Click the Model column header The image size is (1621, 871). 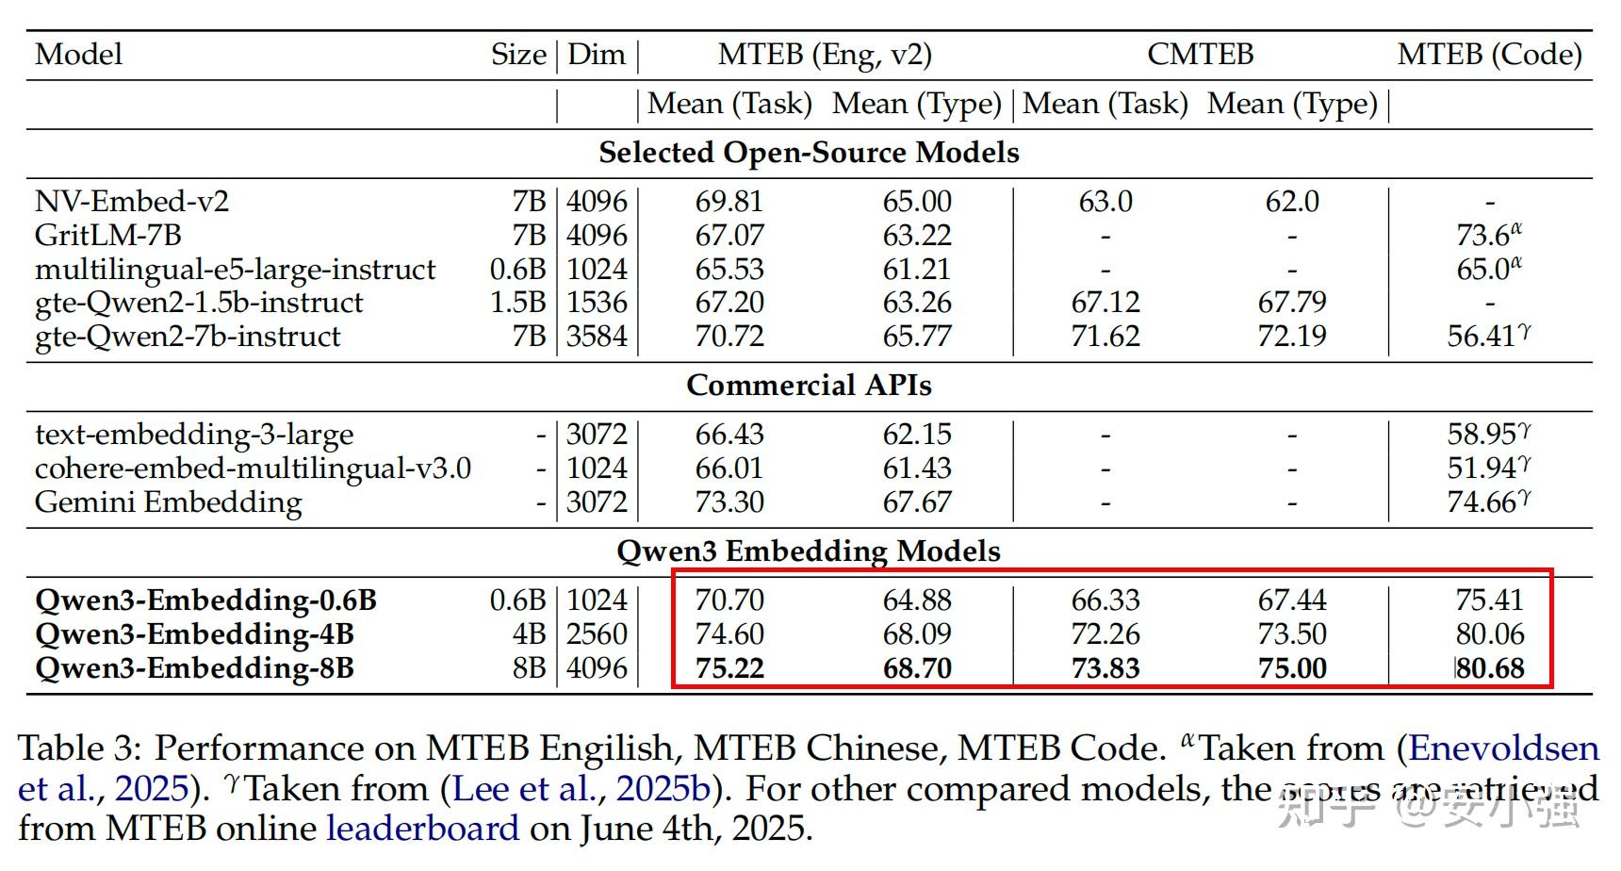78,54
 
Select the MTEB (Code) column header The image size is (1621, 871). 1489,54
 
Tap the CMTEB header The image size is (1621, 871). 1200,54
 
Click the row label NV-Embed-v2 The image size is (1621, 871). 132,201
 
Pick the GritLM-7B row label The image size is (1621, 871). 108,235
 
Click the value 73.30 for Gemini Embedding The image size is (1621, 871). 729,501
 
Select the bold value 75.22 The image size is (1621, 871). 729,668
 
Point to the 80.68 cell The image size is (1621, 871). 1490,668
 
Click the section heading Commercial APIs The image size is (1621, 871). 809,386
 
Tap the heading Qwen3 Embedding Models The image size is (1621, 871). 809,551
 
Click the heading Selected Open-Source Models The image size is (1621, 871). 809,153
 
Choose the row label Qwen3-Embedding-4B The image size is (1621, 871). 194,634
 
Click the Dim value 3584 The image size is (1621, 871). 597,337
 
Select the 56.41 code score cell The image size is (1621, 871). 1482,337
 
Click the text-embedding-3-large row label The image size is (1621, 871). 194,435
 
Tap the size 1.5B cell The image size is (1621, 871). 517,303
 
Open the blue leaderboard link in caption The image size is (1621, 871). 422,829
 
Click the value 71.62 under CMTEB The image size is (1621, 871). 1105,337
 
